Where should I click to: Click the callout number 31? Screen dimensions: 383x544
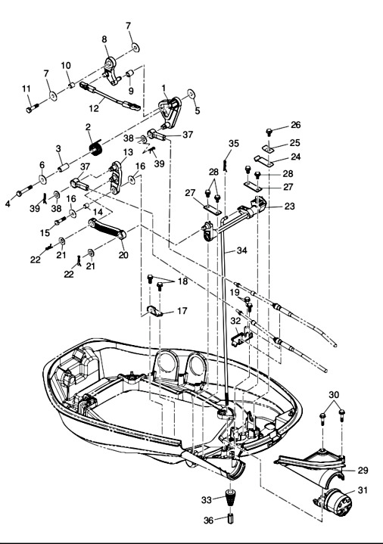pyautogui.click(x=363, y=490)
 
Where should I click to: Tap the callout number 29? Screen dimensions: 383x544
pyautogui.click(x=363, y=471)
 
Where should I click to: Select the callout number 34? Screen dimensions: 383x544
pyautogui.click(x=242, y=250)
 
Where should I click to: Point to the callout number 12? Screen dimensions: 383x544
pyautogui.click(x=94, y=108)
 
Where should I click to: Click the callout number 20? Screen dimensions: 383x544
pyautogui.click(x=123, y=255)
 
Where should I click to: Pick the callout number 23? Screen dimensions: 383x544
pyautogui.click(x=290, y=206)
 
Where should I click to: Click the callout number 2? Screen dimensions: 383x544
pyautogui.click(x=88, y=127)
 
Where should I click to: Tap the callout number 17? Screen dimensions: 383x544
pyautogui.click(x=182, y=311)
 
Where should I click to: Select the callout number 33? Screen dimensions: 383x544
pyautogui.click(x=206, y=500)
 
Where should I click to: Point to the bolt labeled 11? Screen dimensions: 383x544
pyautogui.click(x=33, y=107)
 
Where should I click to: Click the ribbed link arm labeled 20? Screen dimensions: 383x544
pyautogui.click(x=107, y=229)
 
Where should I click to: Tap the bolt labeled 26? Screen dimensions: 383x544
pyautogui.click(x=269, y=132)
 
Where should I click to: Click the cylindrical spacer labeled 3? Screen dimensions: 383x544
pyautogui.click(x=63, y=167)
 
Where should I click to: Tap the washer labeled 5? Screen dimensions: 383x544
pyautogui.click(x=190, y=94)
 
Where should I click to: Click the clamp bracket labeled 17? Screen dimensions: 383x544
pyautogui.click(x=154, y=311)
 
